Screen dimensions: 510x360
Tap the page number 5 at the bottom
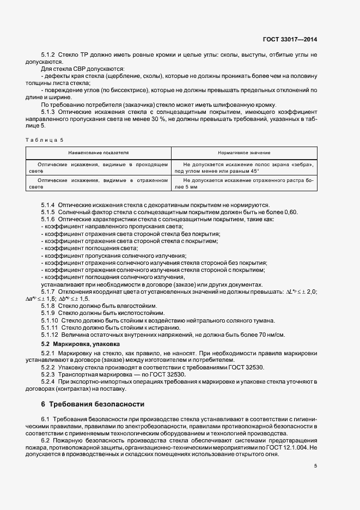316,466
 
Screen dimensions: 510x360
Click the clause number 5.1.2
49,56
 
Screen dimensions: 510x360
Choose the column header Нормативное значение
245,154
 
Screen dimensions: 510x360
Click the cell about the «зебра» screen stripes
245,167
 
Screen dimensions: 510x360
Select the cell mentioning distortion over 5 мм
245,184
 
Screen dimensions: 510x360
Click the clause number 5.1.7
49,292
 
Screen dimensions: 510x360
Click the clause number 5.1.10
51,320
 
